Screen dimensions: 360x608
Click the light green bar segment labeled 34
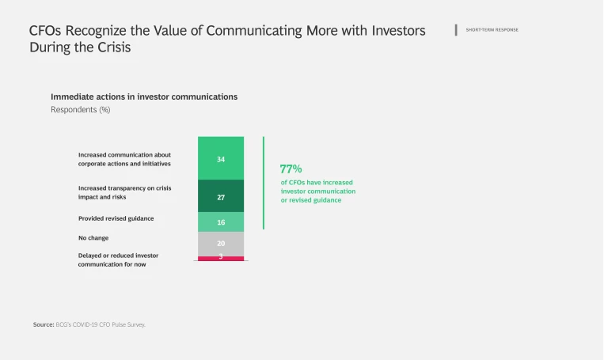click(221, 158)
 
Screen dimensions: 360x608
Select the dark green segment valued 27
click(221, 196)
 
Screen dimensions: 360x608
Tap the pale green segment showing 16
click(221, 222)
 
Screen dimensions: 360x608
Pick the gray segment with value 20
click(221, 244)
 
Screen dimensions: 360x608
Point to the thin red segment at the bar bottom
click(221, 258)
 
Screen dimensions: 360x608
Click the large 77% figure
click(291, 169)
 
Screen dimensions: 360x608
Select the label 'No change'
click(93, 237)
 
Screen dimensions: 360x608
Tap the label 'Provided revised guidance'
click(116, 218)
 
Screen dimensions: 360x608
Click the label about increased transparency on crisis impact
click(124, 192)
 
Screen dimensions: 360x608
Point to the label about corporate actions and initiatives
click(124, 159)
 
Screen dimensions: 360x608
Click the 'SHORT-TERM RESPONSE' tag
click(492, 30)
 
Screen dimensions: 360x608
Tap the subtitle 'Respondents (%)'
click(80, 110)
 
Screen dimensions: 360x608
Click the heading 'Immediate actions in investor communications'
click(144, 97)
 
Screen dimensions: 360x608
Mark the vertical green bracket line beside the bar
click(264, 183)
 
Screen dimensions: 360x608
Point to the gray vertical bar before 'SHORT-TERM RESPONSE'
click(456, 30)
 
